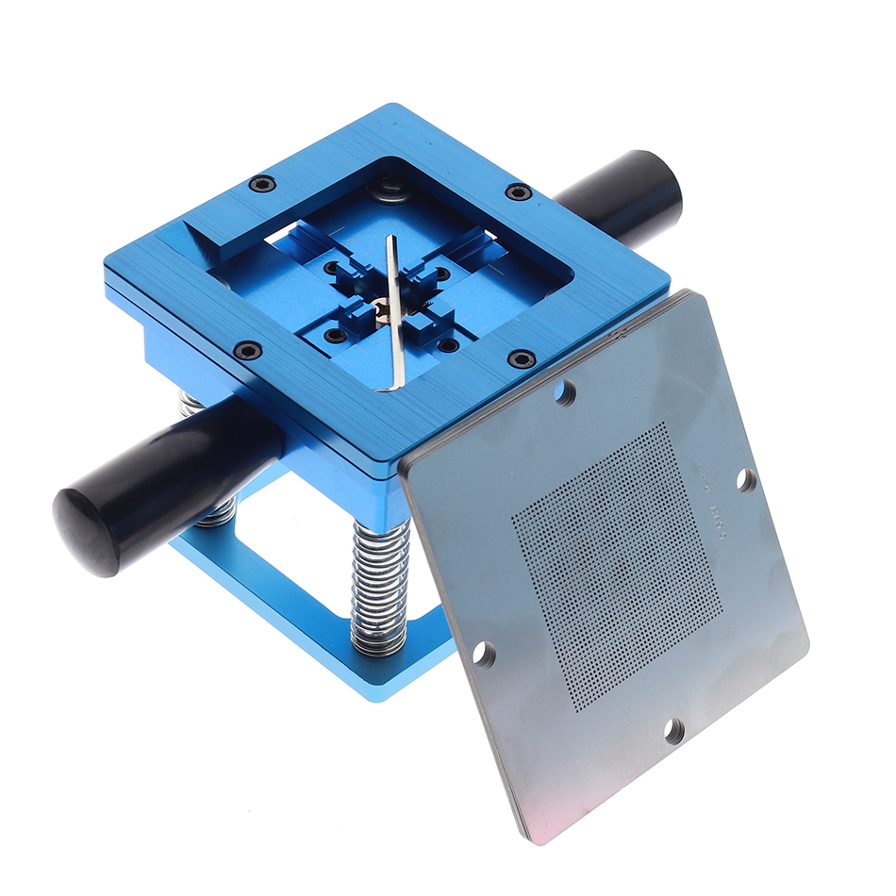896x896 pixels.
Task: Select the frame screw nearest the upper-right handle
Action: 518,191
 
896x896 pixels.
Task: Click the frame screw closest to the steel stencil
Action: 522,358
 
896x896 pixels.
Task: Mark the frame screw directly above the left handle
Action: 248,351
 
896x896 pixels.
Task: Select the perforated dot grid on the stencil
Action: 618,566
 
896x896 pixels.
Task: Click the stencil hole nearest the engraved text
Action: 745,480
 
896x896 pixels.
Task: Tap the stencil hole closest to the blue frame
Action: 565,391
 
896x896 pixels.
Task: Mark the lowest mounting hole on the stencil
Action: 673,729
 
